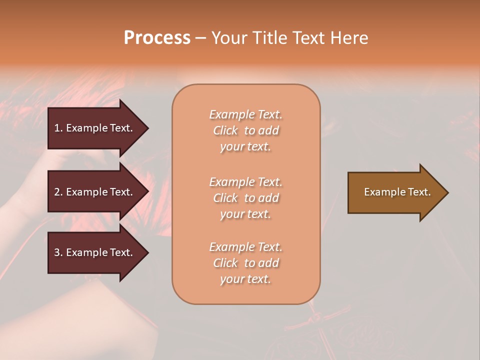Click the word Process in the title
pyautogui.click(x=157, y=38)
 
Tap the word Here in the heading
pyautogui.click(x=349, y=38)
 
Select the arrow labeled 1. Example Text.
pyautogui.click(x=94, y=128)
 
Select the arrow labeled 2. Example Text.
pyautogui.click(x=94, y=192)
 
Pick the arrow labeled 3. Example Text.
pyautogui.click(x=94, y=252)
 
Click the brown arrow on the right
pyautogui.click(x=397, y=192)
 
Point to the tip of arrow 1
pyautogui.click(x=147, y=128)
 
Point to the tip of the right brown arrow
pyautogui.click(x=447, y=192)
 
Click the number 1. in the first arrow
pyautogui.click(x=58, y=128)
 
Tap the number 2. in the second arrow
pyautogui.click(x=58, y=192)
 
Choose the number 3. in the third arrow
pyautogui.click(x=58, y=252)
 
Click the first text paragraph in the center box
pyautogui.click(x=245, y=130)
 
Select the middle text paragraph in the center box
pyautogui.click(x=245, y=198)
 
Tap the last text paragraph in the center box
pyautogui.click(x=245, y=263)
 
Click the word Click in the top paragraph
pyautogui.click(x=225, y=130)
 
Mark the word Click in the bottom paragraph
pyautogui.click(x=225, y=263)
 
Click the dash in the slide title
pyautogui.click(x=200, y=38)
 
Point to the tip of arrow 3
pyautogui.click(x=147, y=252)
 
